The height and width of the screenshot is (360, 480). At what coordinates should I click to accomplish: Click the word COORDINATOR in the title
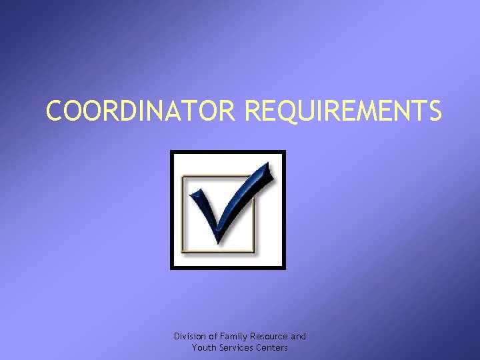[141, 111]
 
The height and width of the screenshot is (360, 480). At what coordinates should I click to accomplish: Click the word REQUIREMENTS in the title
[343, 111]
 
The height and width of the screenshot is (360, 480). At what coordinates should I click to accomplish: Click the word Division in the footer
[189, 337]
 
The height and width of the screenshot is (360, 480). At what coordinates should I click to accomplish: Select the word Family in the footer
[232, 337]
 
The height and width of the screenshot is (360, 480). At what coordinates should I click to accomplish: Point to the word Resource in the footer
[269, 337]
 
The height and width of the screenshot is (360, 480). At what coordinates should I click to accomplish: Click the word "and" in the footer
[299, 337]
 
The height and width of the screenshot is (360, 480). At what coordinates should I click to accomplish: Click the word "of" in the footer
[213, 337]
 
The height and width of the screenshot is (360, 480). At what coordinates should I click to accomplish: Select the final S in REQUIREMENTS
[433, 111]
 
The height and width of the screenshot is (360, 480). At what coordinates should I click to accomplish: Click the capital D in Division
[177, 337]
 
